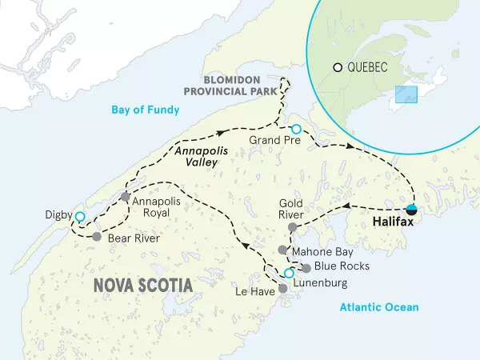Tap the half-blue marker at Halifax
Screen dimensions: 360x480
(x=411, y=210)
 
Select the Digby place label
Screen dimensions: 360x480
(x=58, y=215)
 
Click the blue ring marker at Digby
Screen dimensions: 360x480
(x=79, y=217)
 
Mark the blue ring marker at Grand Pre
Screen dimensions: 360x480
(x=296, y=129)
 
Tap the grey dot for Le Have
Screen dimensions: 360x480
(x=282, y=288)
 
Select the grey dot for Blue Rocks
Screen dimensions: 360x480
(x=306, y=267)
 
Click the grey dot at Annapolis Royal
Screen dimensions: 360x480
(x=125, y=196)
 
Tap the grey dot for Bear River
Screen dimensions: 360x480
(x=96, y=237)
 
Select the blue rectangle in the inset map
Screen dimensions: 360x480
(x=406, y=94)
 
